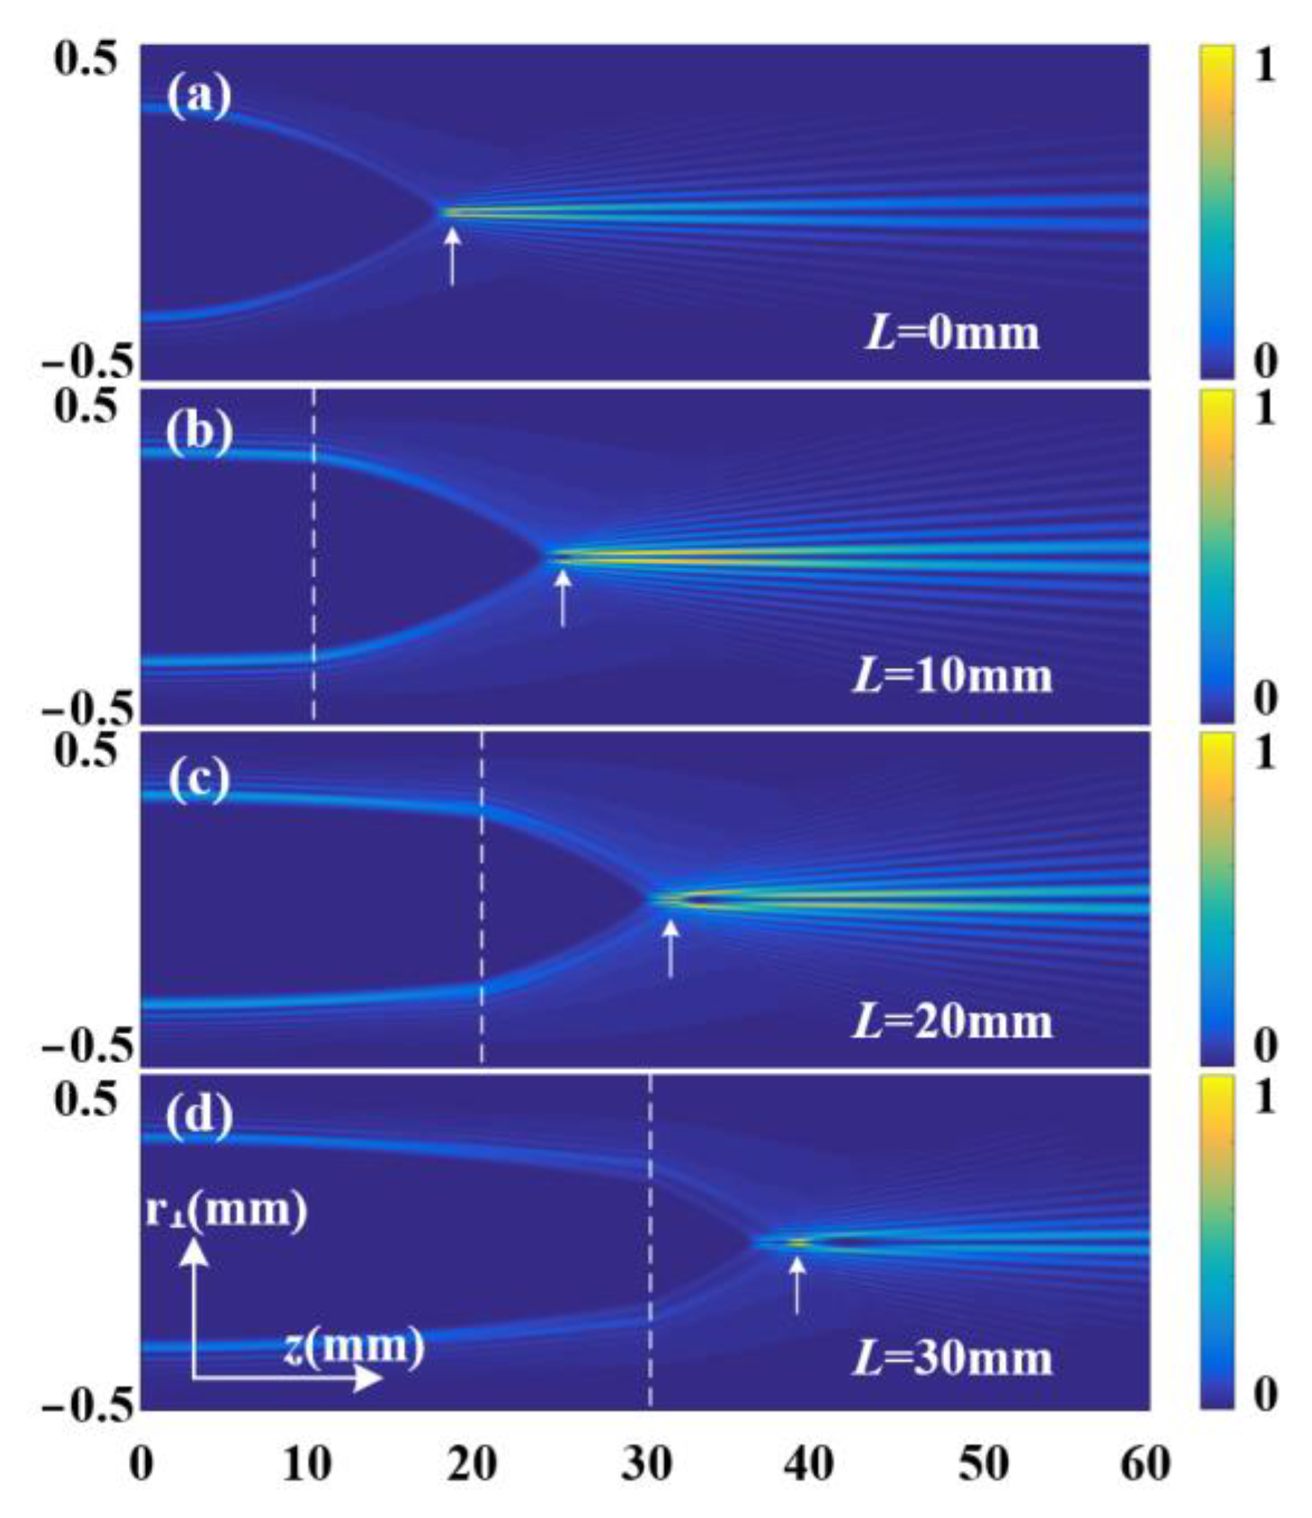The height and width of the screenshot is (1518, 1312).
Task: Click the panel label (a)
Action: click(x=198, y=98)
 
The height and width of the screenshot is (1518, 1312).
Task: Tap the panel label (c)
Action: click(x=198, y=781)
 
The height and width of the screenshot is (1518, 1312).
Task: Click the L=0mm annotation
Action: click(x=951, y=332)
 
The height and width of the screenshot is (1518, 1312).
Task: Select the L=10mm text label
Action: click(x=952, y=676)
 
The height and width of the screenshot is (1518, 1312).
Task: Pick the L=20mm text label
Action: click(x=952, y=1021)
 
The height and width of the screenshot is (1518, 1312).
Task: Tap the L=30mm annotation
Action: click(x=952, y=1358)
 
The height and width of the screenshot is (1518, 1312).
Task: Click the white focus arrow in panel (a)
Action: click(x=452, y=256)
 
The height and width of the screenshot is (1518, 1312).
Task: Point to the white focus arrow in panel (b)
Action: click(x=563, y=598)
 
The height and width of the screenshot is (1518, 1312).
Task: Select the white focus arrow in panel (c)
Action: click(x=671, y=948)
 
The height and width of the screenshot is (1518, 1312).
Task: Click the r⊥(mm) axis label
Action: click(x=226, y=1211)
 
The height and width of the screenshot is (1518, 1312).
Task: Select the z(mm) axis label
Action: click(x=354, y=1346)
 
